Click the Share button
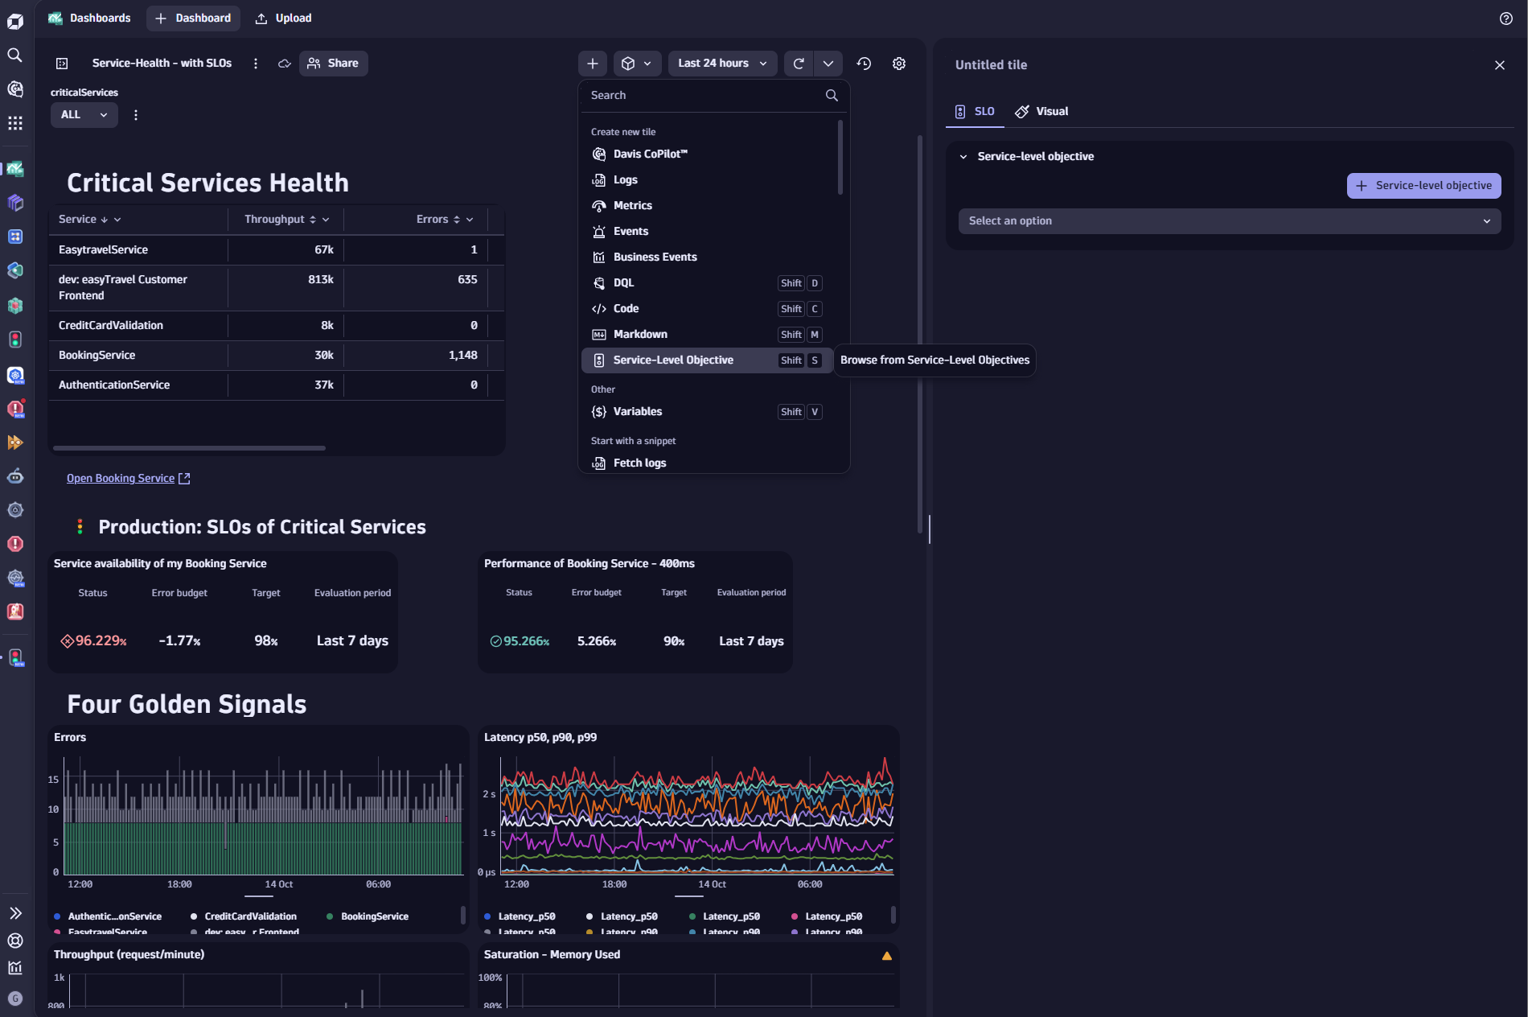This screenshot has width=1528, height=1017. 334,64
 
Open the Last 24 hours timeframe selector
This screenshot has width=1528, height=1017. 721,64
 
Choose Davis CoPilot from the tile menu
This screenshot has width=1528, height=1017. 650,154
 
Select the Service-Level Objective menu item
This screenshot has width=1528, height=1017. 673,360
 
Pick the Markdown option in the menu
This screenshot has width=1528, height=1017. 640,335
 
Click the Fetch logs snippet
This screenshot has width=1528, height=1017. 639,463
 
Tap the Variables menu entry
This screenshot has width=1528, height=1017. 638,412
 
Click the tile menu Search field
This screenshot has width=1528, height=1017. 704,95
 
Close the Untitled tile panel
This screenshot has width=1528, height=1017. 1499,65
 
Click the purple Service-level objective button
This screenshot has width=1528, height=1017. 1423,186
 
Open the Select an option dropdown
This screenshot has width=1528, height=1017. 1229,221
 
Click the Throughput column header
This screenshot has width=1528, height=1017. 275,220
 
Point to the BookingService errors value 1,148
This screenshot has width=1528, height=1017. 462,356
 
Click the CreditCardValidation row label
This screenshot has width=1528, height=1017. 111,326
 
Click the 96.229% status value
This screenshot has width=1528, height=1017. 101,641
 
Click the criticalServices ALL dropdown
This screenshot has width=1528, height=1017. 84,115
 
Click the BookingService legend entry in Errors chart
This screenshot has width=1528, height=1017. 374,916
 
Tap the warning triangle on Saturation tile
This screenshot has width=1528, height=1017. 886,956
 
